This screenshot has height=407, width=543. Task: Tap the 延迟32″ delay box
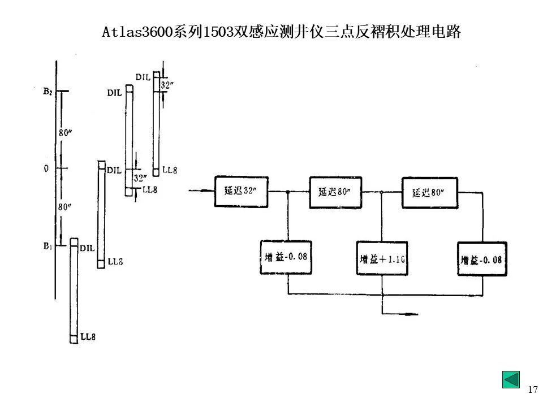coord(242,191)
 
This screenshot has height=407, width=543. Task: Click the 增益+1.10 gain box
coord(382,259)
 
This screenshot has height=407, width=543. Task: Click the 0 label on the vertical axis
coord(46,168)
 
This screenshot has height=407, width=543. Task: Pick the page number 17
coord(532,389)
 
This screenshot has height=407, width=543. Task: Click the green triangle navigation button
coord(511,379)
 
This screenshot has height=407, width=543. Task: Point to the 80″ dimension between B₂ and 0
coord(66,133)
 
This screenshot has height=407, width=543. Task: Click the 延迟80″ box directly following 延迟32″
coord(335,191)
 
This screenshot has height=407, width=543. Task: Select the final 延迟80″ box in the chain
coord(429,192)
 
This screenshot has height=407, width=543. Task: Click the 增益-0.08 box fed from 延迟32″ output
coord(287,257)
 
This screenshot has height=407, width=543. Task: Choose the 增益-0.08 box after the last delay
coord(482,259)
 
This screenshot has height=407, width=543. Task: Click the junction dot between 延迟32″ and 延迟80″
coord(288,192)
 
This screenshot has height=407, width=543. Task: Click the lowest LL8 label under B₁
coord(88,337)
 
